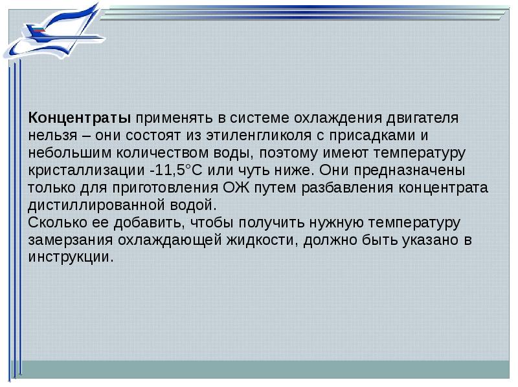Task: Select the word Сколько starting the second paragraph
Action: coord(58,223)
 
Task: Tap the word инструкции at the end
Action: coord(70,257)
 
